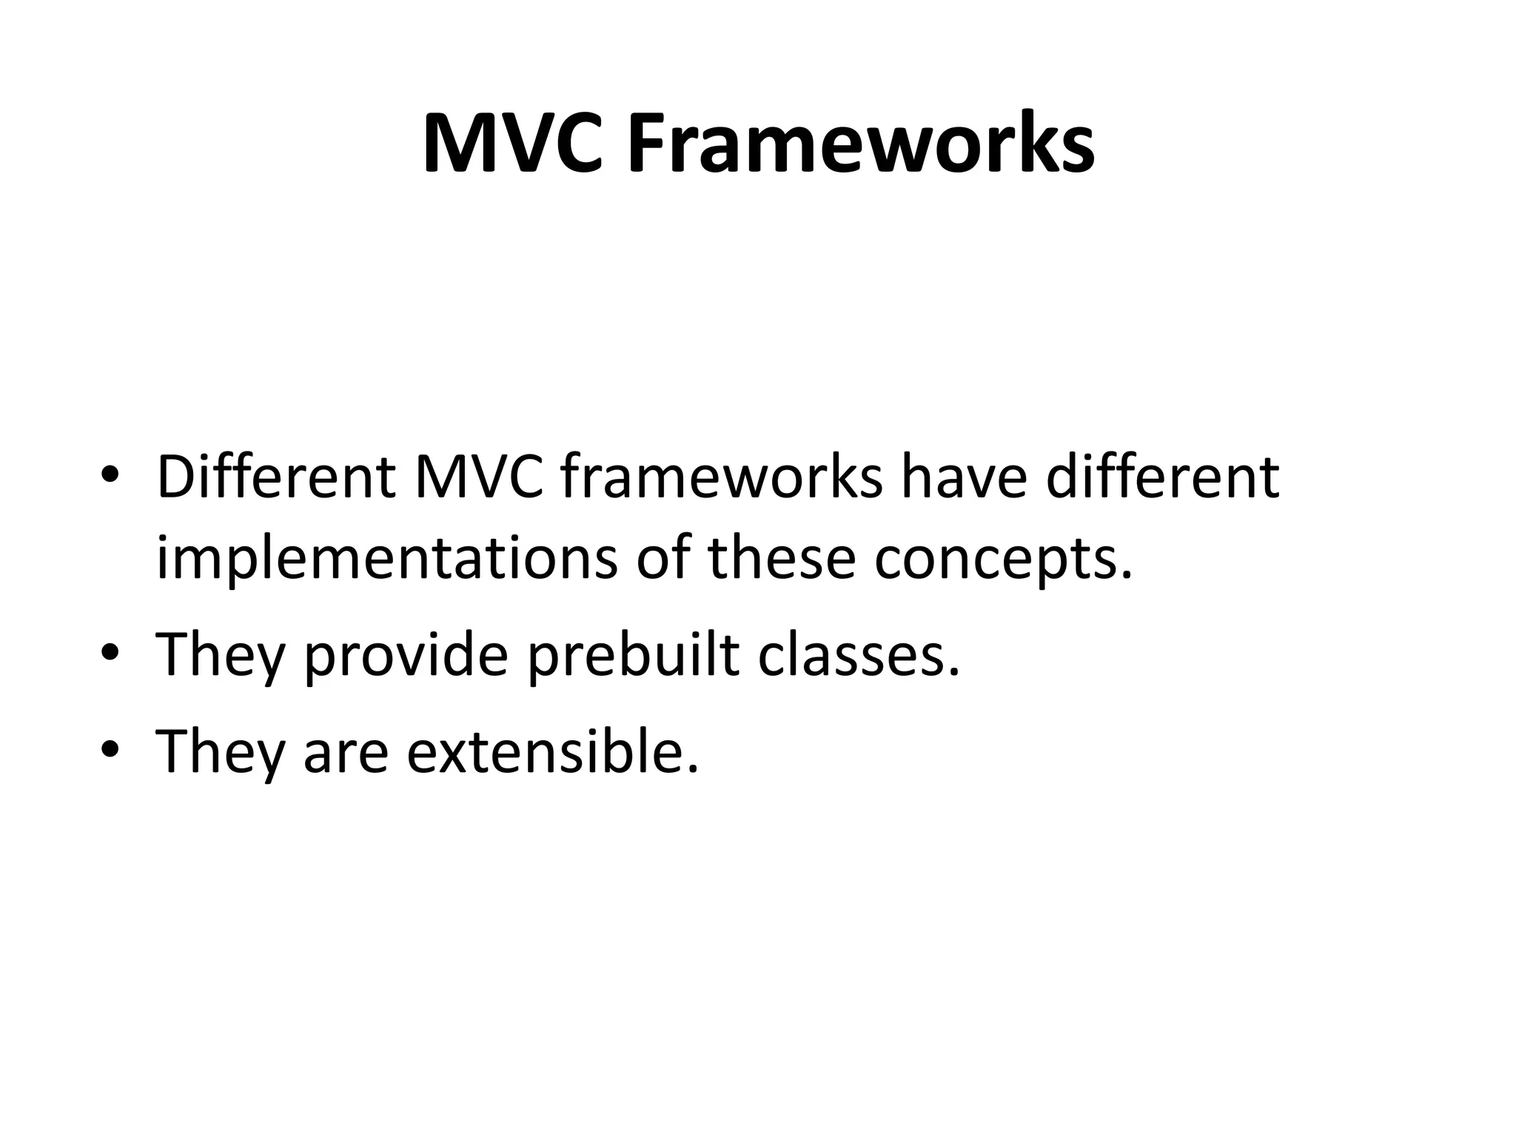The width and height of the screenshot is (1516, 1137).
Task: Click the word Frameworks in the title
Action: coord(861,144)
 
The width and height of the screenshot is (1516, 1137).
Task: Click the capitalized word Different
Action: coord(275,478)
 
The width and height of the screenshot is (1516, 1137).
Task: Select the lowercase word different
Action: coord(1162,478)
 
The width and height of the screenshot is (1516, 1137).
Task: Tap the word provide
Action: coord(406,656)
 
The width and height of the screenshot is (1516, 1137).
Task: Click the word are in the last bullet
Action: coord(346,754)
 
